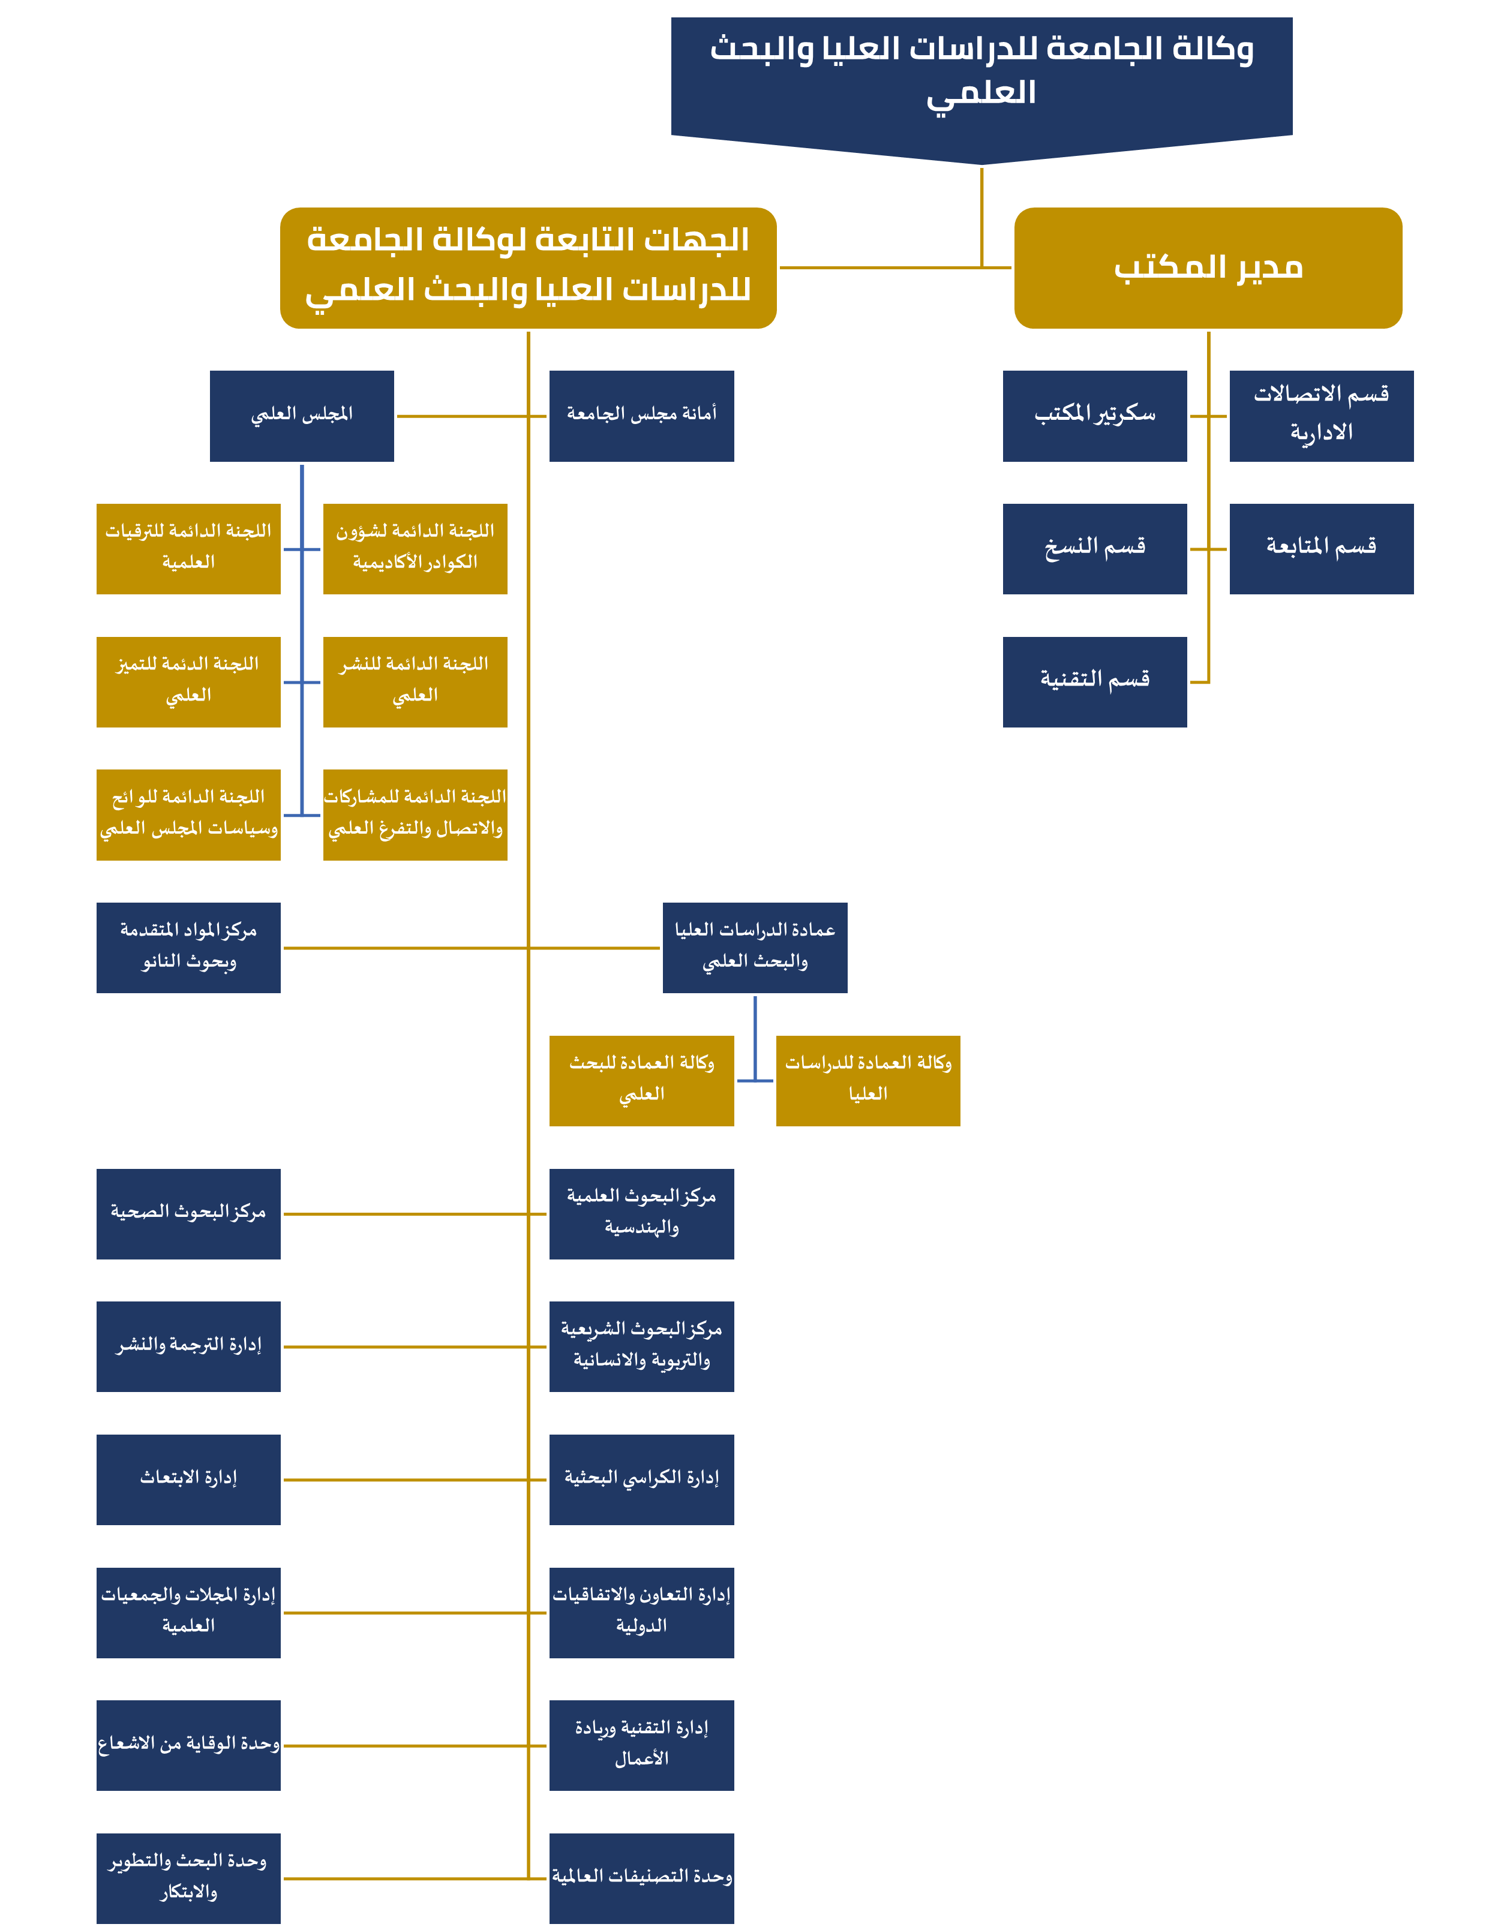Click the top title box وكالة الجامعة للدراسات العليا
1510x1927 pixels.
[x=981, y=75]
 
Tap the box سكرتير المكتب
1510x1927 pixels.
[x=1094, y=416]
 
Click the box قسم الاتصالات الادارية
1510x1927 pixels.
[x=1321, y=416]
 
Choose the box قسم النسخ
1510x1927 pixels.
[x=1094, y=548]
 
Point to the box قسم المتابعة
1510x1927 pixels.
[x=1321, y=548]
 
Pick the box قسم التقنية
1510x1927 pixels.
[x=1094, y=681]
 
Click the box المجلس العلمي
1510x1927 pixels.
[x=302, y=416]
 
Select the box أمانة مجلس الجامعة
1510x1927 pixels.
[x=641, y=416]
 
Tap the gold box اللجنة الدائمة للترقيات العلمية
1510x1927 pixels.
[x=188, y=548]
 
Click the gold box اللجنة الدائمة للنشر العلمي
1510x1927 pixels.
[x=415, y=681]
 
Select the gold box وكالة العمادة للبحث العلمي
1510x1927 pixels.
[x=641, y=1080]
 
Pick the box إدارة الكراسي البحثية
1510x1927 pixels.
[x=641, y=1480]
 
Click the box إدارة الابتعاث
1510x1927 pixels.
[x=188, y=1480]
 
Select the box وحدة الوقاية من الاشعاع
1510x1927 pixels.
[x=188, y=1745]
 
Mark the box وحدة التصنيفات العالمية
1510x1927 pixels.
[x=641, y=1877]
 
